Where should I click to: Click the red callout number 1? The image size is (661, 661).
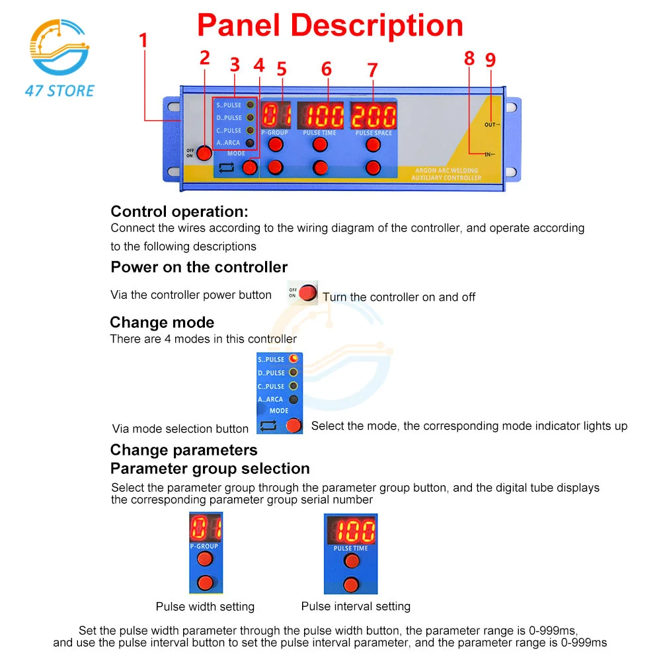click(x=143, y=41)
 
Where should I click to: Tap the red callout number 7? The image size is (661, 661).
click(x=372, y=70)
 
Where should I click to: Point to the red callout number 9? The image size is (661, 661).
click(x=490, y=60)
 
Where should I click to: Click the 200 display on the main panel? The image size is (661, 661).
click(x=373, y=116)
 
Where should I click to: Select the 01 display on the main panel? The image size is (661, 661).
click(x=276, y=116)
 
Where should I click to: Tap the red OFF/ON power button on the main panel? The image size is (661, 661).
click(x=204, y=153)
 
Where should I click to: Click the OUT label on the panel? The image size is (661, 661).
click(x=490, y=124)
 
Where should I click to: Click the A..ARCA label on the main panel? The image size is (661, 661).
click(x=229, y=143)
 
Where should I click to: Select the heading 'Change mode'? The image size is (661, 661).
click(x=162, y=323)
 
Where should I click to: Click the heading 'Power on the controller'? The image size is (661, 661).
click(x=199, y=268)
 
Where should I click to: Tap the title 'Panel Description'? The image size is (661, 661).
click(x=330, y=25)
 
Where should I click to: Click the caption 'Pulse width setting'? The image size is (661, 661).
click(x=205, y=607)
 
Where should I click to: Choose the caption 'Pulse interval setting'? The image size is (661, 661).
click(x=356, y=606)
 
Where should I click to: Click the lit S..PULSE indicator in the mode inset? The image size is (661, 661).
click(x=293, y=359)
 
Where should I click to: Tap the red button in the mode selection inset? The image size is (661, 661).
click(x=293, y=425)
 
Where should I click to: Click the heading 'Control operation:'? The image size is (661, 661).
click(x=179, y=212)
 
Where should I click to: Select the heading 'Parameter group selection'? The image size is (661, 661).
click(x=210, y=469)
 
